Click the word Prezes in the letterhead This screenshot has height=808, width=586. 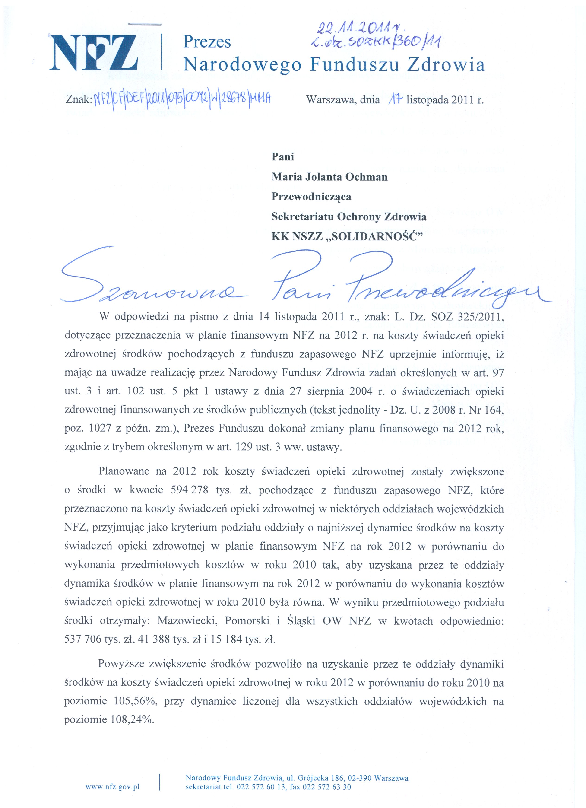coord(207,42)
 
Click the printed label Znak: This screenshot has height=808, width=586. coord(79,100)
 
